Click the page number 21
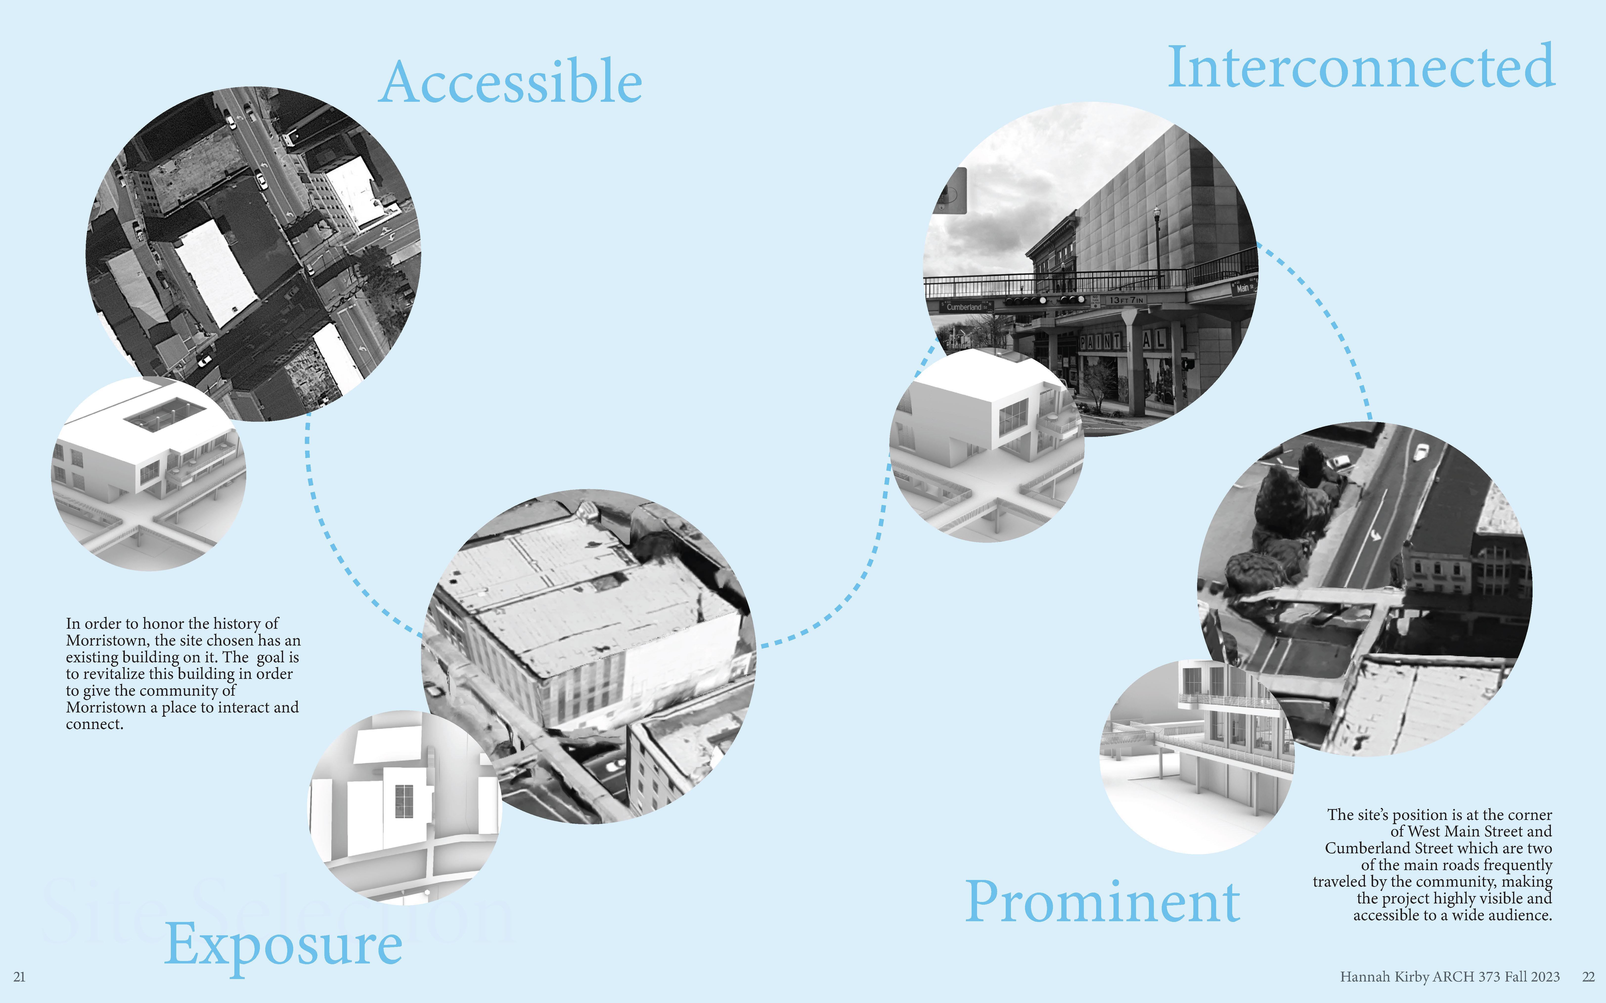[19, 977]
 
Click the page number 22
[1588, 977]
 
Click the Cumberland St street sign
[966, 307]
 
